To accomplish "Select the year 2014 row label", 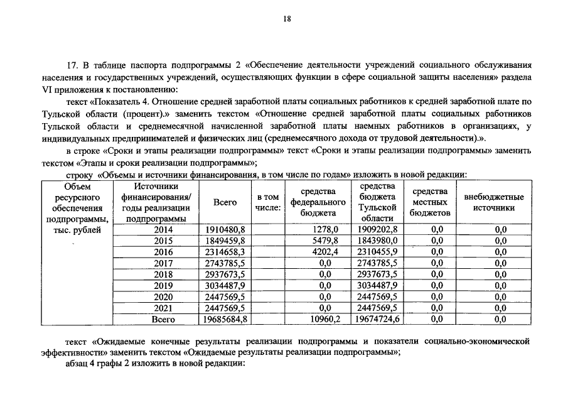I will (x=162, y=230).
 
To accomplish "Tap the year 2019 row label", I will (x=162, y=286).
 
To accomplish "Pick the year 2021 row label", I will (x=162, y=308).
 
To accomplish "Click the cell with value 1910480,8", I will (x=225, y=230).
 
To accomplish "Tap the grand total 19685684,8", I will (x=223, y=320).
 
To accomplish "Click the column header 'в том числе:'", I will (x=268, y=202).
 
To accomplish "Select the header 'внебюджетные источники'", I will (x=494, y=202).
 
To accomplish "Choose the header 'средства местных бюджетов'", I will (x=430, y=202).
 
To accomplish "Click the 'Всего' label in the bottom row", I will (x=163, y=320).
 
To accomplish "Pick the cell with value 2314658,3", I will (x=225, y=253).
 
